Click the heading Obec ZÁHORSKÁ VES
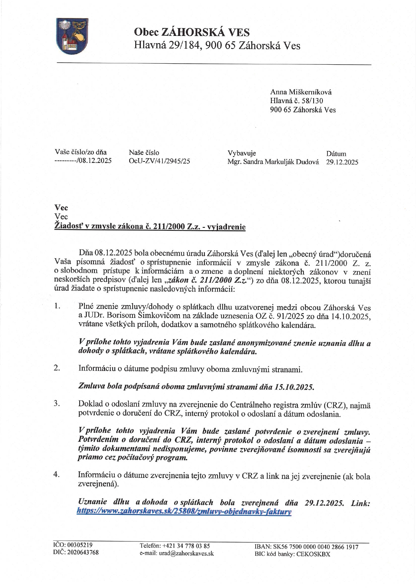click(192, 32)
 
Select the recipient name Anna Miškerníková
click(301, 92)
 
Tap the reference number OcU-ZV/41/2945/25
click(159, 161)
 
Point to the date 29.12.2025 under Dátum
click(342, 162)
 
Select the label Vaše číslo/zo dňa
click(81, 152)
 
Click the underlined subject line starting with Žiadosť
click(150, 227)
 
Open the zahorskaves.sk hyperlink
click(184, 512)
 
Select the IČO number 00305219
click(80, 544)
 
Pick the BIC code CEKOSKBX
click(313, 554)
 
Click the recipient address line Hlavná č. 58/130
click(297, 101)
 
